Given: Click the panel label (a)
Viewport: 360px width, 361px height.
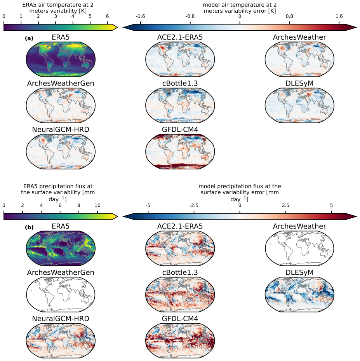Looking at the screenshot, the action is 29,38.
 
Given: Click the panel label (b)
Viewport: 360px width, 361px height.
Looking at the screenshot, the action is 29,227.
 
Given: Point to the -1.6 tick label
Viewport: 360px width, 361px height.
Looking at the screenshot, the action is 140,16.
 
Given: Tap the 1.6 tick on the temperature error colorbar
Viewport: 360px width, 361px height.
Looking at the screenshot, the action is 339,16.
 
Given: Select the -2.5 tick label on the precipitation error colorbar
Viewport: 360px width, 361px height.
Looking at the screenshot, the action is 194,205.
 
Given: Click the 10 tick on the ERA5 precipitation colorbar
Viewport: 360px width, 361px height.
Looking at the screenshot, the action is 97,205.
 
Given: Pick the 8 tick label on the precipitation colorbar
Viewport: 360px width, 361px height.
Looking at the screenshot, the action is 79,205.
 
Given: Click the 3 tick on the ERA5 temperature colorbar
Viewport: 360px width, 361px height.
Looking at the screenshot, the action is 56,16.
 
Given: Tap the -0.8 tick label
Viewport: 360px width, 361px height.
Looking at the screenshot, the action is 190,16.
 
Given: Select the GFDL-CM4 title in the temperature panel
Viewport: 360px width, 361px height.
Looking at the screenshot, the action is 180,130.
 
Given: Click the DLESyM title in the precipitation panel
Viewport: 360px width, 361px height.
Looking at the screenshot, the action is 299,272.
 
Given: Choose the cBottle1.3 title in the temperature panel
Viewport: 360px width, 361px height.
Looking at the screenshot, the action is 180,83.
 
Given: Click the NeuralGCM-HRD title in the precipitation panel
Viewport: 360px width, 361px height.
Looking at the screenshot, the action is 61,319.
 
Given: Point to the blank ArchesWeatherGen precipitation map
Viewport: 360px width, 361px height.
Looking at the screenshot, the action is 61,295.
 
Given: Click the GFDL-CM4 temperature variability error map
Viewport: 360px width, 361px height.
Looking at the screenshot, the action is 180,152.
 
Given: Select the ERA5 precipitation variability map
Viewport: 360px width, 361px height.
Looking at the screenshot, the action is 61,248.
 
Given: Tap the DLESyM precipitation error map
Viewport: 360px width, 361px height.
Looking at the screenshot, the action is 299,295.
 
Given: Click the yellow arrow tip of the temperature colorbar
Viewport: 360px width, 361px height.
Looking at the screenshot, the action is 117,28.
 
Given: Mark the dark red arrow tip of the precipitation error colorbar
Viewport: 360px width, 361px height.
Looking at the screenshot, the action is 357,216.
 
